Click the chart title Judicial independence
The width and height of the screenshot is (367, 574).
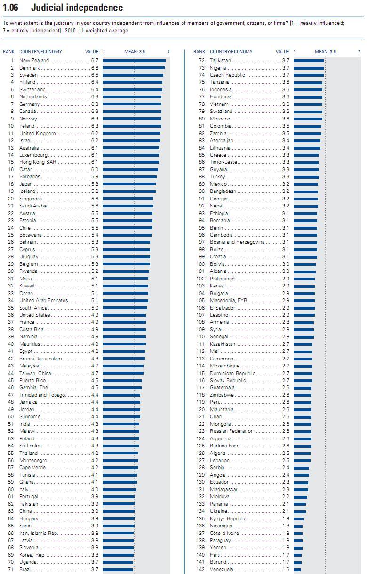pos(77,8)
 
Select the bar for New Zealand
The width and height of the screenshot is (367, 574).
pos(134,61)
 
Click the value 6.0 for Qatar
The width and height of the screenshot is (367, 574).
pos(95,169)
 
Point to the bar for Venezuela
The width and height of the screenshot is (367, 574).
pos(297,569)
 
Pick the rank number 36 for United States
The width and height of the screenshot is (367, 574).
pos(11,315)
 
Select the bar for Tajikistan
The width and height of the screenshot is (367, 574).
pos(309,61)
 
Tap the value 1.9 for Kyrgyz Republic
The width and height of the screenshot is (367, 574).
pos(286,518)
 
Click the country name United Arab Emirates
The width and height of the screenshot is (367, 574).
pos(43,300)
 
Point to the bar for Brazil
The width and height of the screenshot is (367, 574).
pos(118,569)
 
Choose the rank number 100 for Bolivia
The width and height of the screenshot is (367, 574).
pos(200,264)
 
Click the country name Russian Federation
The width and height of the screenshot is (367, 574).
pos(231,431)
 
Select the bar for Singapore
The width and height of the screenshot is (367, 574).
pos(128,199)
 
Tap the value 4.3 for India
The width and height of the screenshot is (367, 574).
pos(95,424)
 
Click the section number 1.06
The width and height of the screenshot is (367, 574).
pos(11,8)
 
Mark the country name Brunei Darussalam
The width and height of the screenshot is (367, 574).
pos(40,359)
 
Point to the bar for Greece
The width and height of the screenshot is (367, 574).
pos(306,155)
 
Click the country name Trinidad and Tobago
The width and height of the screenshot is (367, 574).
pos(42,395)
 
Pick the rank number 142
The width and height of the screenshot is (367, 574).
pos(200,569)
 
